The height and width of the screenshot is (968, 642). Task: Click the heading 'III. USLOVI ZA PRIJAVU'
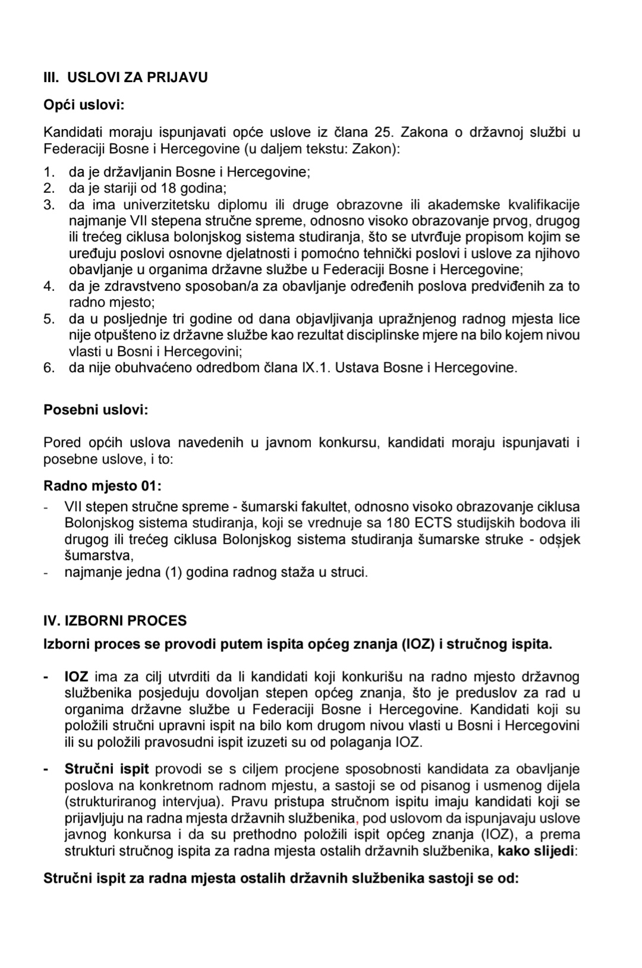[125, 78]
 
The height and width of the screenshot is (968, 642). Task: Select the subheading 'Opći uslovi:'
[84, 105]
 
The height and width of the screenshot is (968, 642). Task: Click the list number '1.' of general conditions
[49, 172]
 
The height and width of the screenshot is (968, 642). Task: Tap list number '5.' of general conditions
[49, 319]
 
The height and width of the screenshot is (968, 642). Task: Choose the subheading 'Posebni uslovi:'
[96, 410]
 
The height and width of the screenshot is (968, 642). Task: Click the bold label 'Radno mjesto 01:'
[102, 486]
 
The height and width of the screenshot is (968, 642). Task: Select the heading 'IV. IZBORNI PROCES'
[115, 621]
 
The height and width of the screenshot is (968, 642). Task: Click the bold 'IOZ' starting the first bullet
[76, 677]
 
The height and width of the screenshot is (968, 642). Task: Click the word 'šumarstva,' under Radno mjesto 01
[99, 556]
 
